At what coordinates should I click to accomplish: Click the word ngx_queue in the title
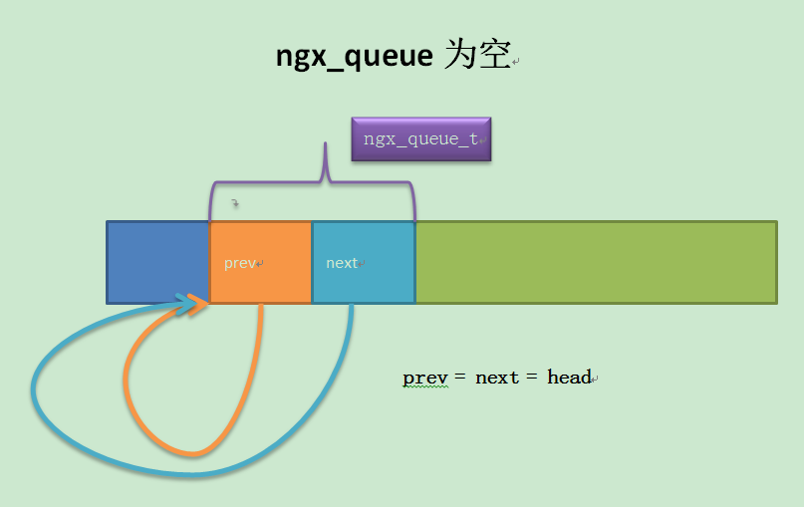pyautogui.click(x=355, y=56)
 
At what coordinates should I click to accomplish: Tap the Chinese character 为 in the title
pyautogui.click(x=459, y=54)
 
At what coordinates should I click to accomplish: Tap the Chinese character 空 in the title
pyautogui.click(x=495, y=54)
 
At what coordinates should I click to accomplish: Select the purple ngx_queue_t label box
pyautogui.click(x=421, y=138)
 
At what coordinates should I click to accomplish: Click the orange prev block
pyautogui.click(x=260, y=263)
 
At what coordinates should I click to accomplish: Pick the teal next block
pyautogui.click(x=364, y=263)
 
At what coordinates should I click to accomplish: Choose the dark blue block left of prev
pyautogui.click(x=158, y=263)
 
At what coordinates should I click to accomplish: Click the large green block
pyautogui.click(x=597, y=263)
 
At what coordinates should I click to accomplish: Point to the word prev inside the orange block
pyautogui.click(x=240, y=264)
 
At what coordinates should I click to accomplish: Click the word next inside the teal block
pyautogui.click(x=342, y=263)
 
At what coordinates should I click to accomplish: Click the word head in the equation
pyautogui.click(x=569, y=377)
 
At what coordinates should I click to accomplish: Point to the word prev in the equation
pyautogui.click(x=425, y=379)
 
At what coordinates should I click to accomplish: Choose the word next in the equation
pyautogui.click(x=497, y=378)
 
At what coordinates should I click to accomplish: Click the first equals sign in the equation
pyautogui.click(x=460, y=377)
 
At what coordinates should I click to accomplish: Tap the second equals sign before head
pyautogui.click(x=532, y=377)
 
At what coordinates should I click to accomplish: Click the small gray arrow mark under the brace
pyautogui.click(x=235, y=203)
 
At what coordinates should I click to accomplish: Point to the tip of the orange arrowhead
pyautogui.click(x=208, y=303)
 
